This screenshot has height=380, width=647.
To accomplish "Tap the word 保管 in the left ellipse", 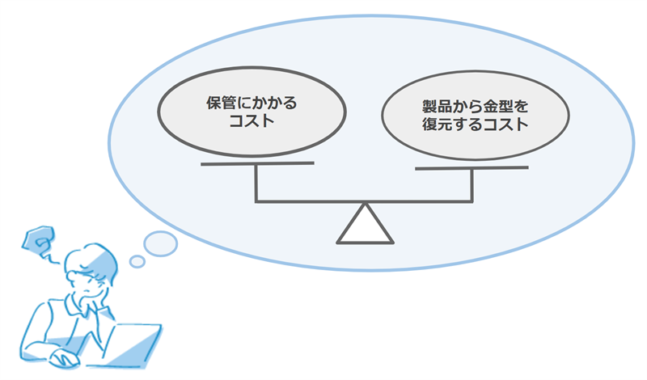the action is tap(222, 103).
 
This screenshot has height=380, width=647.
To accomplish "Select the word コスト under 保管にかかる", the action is tap(252, 121).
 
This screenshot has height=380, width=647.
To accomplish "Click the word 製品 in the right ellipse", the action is tap(437, 107).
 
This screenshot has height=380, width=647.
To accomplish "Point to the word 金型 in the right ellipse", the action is tap(498, 107).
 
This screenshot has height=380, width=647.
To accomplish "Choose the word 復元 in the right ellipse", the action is tap(437, 125).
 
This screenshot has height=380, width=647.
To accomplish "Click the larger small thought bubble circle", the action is tap(160, 244).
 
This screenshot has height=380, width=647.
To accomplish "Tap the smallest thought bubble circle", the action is tap(137, 261).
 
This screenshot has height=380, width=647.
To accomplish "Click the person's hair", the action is tap(93, 260).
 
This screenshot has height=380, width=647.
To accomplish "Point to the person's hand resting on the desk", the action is tap(64, 358).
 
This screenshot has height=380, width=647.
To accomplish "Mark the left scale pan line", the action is tap(257, 164).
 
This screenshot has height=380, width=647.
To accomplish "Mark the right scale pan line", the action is tap(472, 168).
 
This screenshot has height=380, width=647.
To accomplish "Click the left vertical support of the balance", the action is tap(256, 183).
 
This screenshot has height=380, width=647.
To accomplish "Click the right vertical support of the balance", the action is tap(472, 185).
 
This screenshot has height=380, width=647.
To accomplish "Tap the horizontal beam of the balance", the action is tap(364, 201).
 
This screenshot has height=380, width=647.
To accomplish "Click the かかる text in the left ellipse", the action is tap(275, 103).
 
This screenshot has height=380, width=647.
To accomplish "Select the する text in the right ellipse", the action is tap(467, 125).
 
